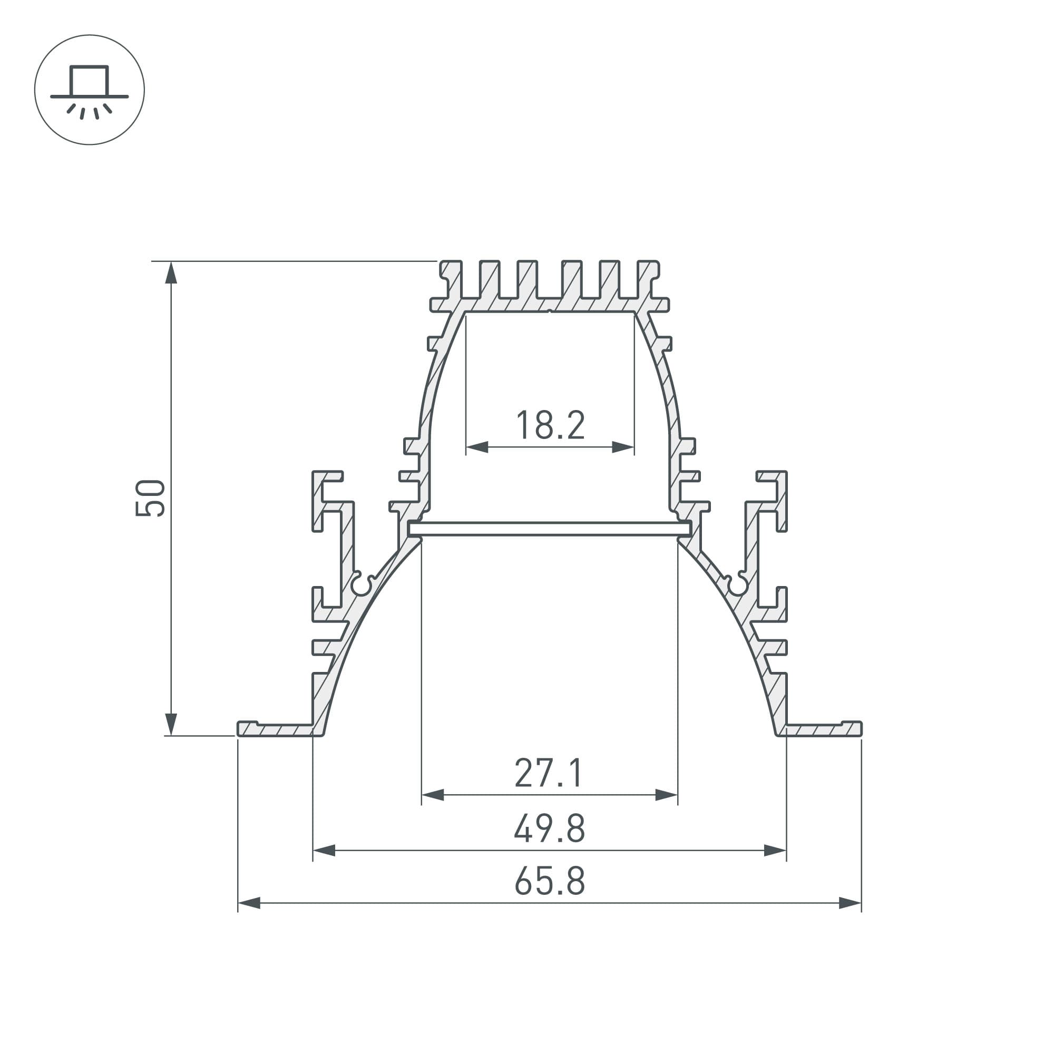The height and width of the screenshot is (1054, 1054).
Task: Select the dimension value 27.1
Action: point(549,773)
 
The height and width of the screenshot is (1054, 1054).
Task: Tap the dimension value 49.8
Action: point(549,828)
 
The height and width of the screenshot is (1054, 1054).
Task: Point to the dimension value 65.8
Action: point(549,881)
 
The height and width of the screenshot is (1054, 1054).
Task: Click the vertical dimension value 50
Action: point(150,497)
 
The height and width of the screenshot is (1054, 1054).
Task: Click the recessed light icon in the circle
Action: point(90,90)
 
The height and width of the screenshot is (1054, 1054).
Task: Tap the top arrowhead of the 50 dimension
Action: point(171,272)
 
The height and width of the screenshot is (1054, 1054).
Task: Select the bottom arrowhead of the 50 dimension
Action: point(171,725)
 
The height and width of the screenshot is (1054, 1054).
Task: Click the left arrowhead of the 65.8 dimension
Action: point(249,903)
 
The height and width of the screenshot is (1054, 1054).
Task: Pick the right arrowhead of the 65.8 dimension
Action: point(850,903)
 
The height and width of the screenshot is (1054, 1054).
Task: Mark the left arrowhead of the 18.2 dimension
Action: point(477,447)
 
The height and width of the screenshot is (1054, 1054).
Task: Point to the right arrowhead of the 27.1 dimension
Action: point(666,795)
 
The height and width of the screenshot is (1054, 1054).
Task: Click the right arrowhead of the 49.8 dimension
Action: point(775,850)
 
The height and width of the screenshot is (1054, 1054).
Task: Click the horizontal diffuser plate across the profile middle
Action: point(550,528)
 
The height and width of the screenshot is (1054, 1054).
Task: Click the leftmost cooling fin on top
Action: point(451,278)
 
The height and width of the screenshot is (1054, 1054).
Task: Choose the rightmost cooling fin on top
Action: point(648,278)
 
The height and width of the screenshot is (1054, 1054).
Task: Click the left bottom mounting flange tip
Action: point(243,729)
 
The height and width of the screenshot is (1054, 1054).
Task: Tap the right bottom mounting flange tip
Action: point(856,729)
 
